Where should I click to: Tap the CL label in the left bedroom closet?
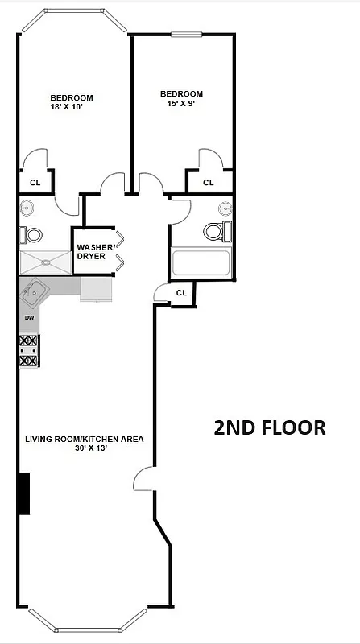(x=35, y=183)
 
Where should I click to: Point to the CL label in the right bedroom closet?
(x=208, y=183)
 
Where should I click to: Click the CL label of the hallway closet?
(x=181, y=293)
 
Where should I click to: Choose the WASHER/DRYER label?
(x=96, y=251)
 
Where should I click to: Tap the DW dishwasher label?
(x=29, y=317)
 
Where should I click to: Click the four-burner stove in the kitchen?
(x=29, y=351)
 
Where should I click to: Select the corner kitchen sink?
(x=34, y=291)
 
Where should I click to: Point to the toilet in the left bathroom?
(x=31, y=236)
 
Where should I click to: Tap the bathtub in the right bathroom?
(x=201, y=262)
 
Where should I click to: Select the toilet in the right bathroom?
(x=217, y=232)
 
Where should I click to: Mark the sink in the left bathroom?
(x=27, y=208)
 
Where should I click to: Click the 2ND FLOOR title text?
(x=269, y=427)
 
